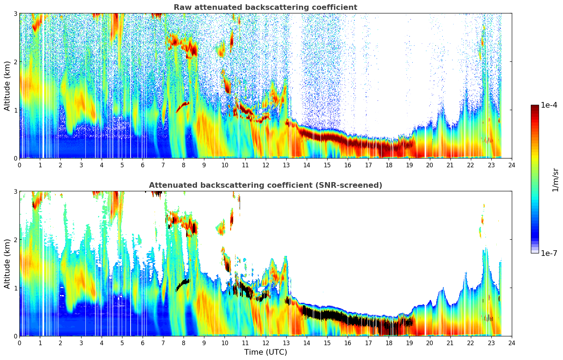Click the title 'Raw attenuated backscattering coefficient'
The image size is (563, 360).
(265, 7)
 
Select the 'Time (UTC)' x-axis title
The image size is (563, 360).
(265, 352)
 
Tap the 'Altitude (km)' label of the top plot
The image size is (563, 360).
(7, 86)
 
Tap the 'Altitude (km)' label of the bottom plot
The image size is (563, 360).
(7, 264)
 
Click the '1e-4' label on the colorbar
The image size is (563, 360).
(549, 105)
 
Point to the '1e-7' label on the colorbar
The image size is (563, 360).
(549, 253)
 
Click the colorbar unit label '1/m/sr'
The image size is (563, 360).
(555, 180)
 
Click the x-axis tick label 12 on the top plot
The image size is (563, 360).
(265, 165)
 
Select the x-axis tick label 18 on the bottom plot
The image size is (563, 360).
(389, 343)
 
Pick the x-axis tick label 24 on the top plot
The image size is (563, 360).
(512, 165)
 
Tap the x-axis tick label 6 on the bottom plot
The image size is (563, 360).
(143, 343)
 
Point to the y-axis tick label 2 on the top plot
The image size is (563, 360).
(15, 62)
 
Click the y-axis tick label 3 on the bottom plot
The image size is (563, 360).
(15, 191)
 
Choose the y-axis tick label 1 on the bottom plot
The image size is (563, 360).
(15, 288)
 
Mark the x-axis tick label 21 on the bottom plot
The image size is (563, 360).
(450, 343)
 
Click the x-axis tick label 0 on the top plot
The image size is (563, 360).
(19, 165)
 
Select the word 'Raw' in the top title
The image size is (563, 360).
(181, 7)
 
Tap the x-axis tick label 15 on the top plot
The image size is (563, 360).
(327, 165)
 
